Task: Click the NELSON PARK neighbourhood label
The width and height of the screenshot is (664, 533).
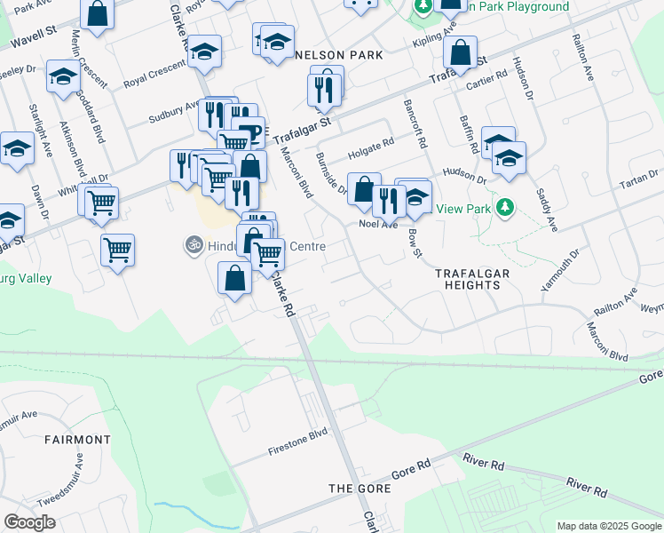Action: tap(338, 55)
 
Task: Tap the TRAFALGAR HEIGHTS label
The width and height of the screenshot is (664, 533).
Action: tap(473, 279)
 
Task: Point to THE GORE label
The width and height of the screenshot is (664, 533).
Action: tap(355, 489)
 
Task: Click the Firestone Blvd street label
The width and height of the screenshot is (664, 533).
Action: tap(298, 442)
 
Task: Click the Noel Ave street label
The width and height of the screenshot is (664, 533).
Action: tap(378, 225)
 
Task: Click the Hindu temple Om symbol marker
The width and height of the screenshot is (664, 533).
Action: tap(193, 243)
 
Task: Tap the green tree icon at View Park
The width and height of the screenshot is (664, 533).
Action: tap(505, 208)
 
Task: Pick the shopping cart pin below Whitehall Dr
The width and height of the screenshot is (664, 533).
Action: tap(117, 251)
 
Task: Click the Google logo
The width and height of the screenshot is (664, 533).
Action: tap(29, 522)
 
